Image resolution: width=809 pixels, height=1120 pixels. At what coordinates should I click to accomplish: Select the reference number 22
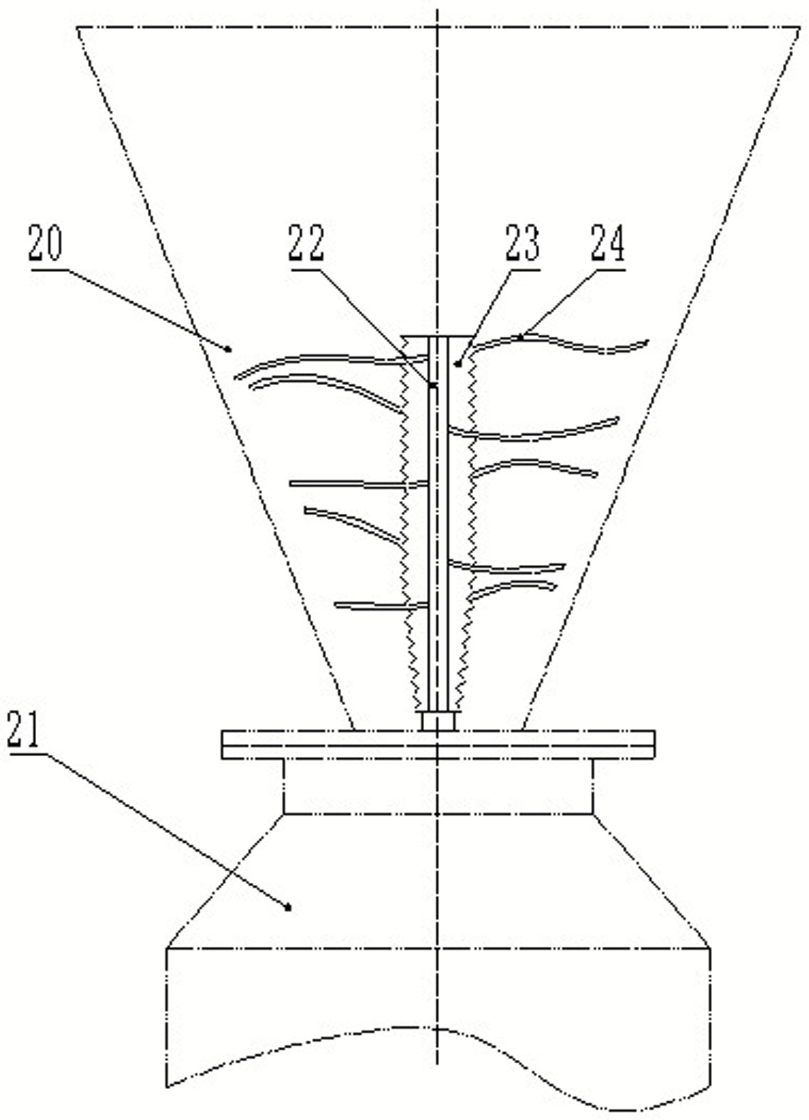point(306,242)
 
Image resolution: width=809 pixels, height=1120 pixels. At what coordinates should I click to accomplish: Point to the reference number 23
point(522,244)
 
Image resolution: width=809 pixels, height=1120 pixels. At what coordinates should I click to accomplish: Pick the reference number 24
point(608,244)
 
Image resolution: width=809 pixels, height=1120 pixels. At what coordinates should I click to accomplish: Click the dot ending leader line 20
point(229,349)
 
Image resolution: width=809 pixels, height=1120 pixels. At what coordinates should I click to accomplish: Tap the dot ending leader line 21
point(288,907)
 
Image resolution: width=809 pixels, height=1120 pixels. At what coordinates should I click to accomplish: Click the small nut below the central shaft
point(438,721)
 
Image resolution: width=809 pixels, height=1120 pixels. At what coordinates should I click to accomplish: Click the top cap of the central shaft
point(436,337)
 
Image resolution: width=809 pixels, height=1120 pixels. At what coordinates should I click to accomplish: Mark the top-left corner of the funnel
point(77,28)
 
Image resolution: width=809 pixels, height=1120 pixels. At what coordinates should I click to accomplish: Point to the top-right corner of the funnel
point(799,28)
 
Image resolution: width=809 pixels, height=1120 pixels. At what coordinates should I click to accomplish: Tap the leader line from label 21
point(161,827)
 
